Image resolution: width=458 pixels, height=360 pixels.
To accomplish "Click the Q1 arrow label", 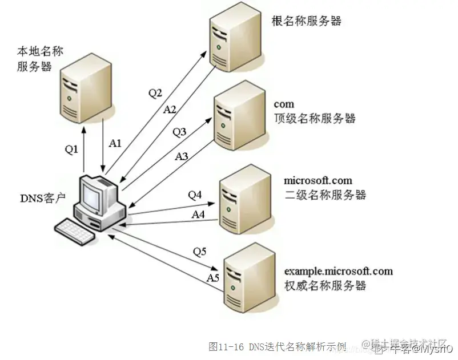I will (71, 149).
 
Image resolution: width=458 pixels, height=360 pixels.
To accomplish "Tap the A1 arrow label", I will (115, 143).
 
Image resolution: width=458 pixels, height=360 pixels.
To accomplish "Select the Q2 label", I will (155, 92).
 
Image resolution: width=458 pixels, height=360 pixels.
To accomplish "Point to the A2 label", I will (170, 108).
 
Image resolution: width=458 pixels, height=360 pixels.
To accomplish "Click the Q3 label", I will (179, 132).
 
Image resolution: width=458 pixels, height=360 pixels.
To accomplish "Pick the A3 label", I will (182, 155).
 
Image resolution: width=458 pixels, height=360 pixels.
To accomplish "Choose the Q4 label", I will (195, 195).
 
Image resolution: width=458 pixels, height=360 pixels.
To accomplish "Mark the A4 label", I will (198, 215).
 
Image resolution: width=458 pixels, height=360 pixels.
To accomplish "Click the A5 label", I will (212, 278).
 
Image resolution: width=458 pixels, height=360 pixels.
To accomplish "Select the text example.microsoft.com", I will (338, 271).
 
